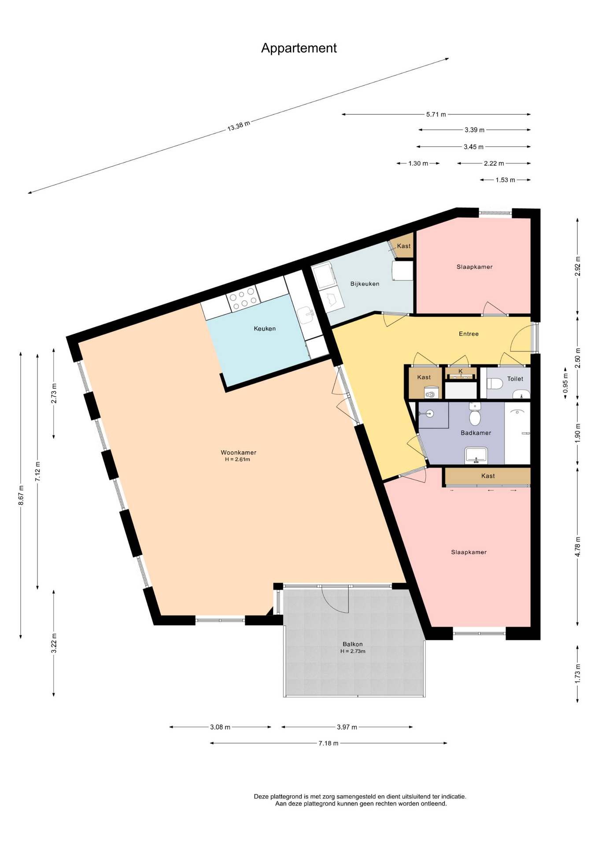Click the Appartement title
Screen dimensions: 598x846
[x=299, y=48]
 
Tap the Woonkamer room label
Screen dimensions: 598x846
[x=238, y=453]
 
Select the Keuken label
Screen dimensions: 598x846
[x=265, y=329]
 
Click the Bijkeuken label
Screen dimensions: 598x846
[x=365, y=284]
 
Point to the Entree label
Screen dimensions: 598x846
[x=469, y=334]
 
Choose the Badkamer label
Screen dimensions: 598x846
[x=476, y=433]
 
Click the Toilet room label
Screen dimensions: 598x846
[x=515, y=379]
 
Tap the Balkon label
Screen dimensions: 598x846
[x=353, y=644]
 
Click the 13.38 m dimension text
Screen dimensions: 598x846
[x=239, y=126]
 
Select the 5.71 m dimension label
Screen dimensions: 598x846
[x=436, y=115]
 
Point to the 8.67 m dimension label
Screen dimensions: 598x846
[x=21, y=495]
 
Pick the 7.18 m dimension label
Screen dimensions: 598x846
[x=329, y=743]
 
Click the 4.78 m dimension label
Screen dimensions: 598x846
[x=578, y=546]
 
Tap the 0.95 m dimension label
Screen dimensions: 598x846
[x=566, y=383]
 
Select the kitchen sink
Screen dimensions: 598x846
[x=306, y=315]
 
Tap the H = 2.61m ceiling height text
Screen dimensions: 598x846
[x=237, y=460]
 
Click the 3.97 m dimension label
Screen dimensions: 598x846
[x=347, y=727]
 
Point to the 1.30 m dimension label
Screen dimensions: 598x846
[x=418, y=163]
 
